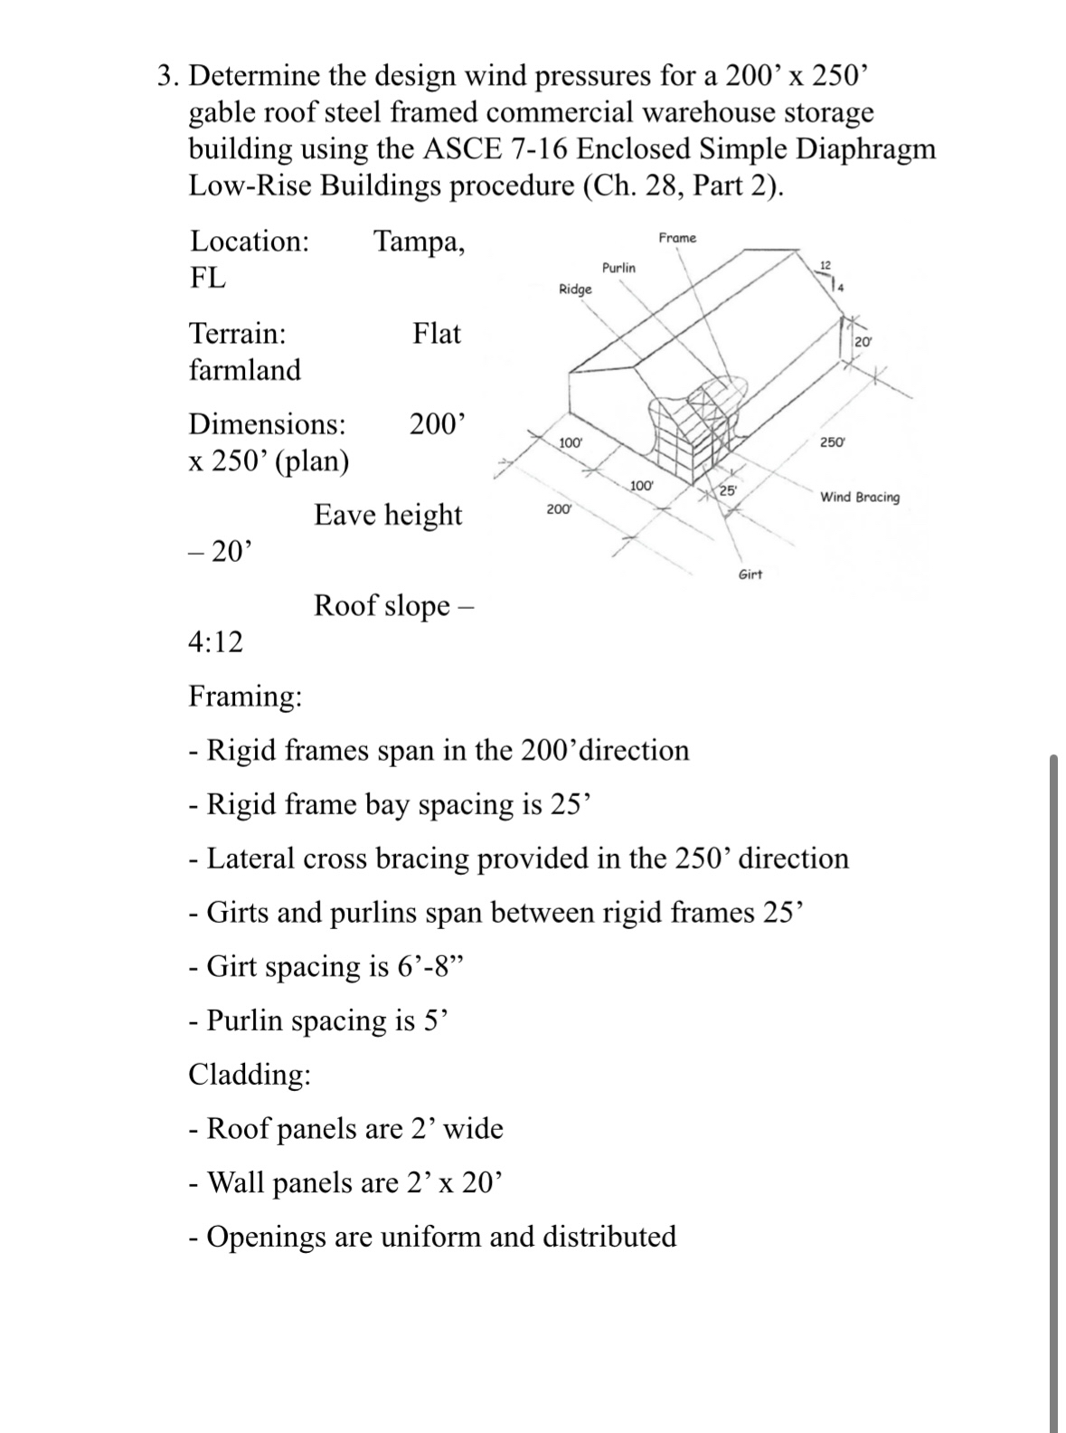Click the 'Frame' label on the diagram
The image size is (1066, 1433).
[677, 238]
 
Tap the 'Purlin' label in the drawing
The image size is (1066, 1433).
[618, 268]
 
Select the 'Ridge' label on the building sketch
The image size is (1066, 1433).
[575, 289]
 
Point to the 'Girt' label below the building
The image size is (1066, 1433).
[750, 574]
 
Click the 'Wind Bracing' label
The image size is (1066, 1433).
[859, 498]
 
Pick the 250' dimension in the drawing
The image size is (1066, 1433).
[832, 442]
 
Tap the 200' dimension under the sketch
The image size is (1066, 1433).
[559, 509]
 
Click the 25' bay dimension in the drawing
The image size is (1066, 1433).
[729, 490]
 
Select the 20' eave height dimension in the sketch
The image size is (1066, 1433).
[863, 341]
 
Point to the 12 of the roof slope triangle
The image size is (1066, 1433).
[824, 264]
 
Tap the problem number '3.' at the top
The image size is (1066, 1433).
[165, 76]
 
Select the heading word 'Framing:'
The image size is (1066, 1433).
[245, 697]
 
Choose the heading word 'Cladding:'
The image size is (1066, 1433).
[250, 1075]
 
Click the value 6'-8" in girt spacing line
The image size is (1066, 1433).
[429, 967]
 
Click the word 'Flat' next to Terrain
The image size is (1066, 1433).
[437, 334]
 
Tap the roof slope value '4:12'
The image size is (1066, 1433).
[215, 642]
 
